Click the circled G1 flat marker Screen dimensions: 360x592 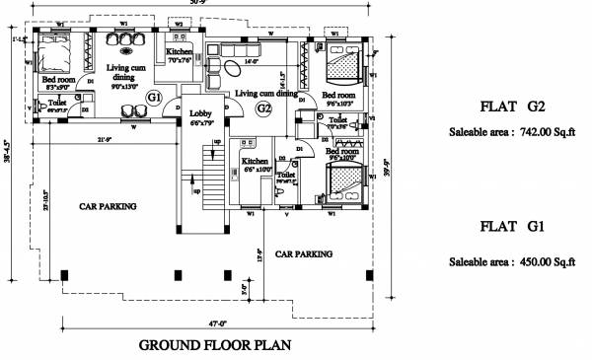[x=153, y=97]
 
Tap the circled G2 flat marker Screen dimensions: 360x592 [x=263, y=108]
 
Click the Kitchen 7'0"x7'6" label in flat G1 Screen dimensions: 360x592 [x=180, y=55]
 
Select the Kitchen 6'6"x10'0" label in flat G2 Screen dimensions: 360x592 [x=255, y=165]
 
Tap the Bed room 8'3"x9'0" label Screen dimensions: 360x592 [x=57, y=84]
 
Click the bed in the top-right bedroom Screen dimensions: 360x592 [x=342, y=67]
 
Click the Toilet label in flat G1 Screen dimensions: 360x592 [x=57, y=106]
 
